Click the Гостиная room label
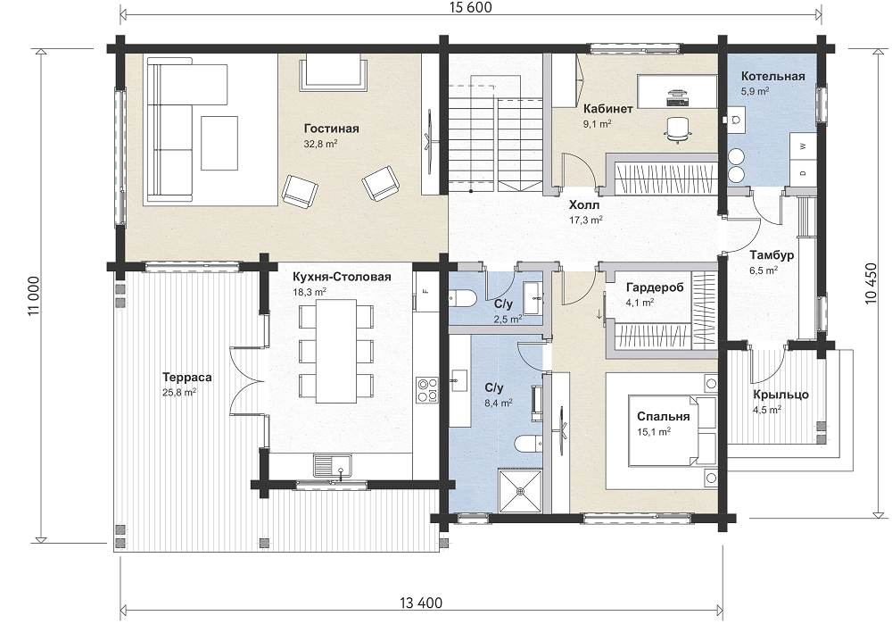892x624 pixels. coord(331,129)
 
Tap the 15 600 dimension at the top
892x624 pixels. coord(469,7)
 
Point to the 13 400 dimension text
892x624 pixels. coord(421,603)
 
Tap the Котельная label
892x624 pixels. coord(772,76)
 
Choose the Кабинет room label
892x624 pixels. coord(608,109)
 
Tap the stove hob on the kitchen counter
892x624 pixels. coord(426,390)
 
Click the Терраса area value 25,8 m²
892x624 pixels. coord(179,392)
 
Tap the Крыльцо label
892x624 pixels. coord(780,395)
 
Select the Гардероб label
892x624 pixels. coord(654,288)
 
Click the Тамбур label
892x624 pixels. coord(771,255)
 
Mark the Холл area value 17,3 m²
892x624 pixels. coord(586,220)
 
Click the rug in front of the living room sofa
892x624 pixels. coord(219,143)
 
